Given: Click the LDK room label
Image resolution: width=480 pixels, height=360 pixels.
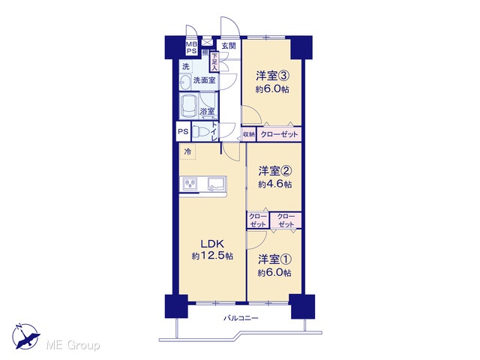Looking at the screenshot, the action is [212, 244].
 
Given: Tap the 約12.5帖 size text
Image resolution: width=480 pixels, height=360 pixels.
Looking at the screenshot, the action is [212, 256].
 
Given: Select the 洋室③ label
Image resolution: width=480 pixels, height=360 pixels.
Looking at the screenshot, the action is [272, 76].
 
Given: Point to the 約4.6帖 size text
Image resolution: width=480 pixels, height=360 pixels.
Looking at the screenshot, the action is [274, 184].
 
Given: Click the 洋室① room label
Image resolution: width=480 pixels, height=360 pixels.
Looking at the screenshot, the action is [274, 259].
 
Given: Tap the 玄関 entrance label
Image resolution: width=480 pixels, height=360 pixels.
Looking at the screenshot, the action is [229, 46].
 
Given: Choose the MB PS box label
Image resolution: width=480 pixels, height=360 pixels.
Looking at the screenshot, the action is [191, 48].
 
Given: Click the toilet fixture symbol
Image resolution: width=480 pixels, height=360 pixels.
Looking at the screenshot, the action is [199, 132].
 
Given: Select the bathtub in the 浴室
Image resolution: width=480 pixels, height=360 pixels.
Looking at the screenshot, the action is [188, 106].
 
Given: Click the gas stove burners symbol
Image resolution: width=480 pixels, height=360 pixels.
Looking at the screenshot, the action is [190, 184].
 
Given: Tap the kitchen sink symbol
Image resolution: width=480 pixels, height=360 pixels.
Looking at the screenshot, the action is [217, 184].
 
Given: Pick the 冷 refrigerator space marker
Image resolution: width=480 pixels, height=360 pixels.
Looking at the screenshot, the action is [187, 151].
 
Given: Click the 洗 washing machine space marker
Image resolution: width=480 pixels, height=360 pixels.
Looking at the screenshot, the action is [185, 67].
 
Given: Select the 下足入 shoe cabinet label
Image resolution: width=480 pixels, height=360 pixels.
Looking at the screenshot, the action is [214, 62].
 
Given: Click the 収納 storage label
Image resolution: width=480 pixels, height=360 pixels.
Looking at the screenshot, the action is [249, 134].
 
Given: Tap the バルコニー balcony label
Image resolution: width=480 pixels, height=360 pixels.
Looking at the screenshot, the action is [241, 318].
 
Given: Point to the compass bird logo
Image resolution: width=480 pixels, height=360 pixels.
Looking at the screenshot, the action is [26, 337].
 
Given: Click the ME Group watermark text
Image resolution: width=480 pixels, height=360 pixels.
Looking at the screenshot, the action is [73, 346].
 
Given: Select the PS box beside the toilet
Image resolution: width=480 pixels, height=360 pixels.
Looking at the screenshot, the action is [183, 132].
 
